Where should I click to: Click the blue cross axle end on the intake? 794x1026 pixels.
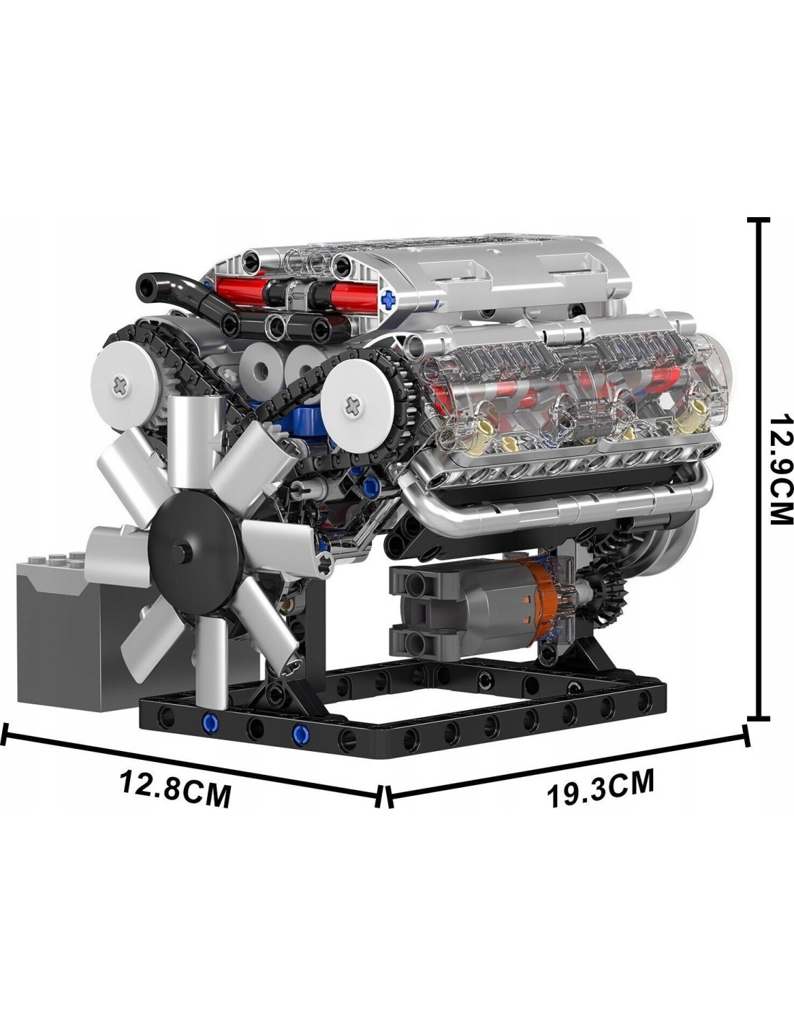389,297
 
